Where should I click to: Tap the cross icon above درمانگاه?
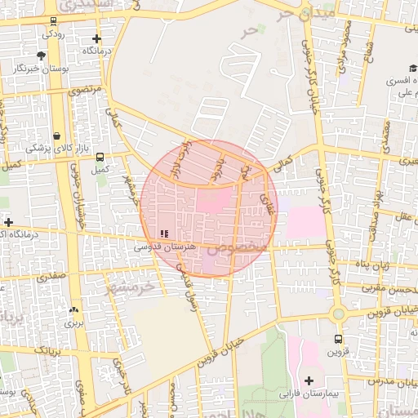(97, 38)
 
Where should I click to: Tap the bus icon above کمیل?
(100, 157)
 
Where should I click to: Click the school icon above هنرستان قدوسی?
(165, 233)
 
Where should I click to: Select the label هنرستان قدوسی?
(165, 246)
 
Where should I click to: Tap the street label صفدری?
(51, 276)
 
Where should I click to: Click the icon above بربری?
(74, 310)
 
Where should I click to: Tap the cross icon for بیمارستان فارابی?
(309, 380)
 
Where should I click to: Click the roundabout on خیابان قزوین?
(338, 313)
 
